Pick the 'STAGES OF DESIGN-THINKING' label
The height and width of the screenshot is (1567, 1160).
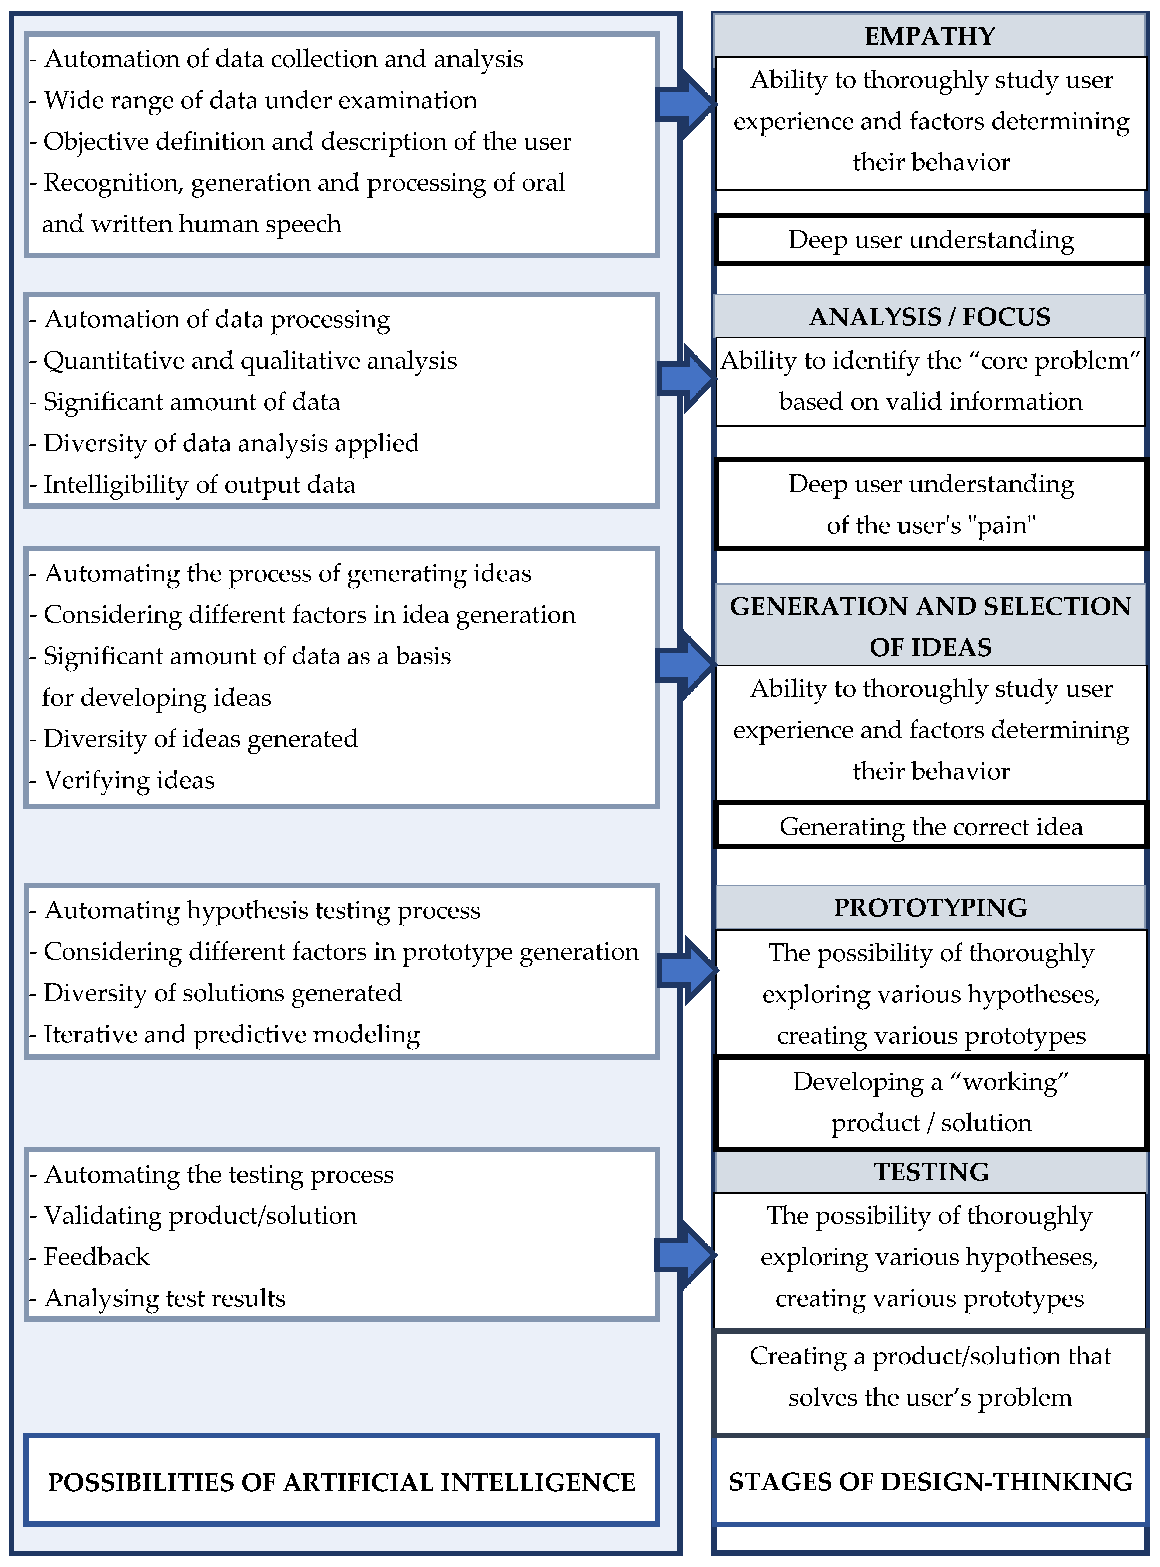click(930, 1482)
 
